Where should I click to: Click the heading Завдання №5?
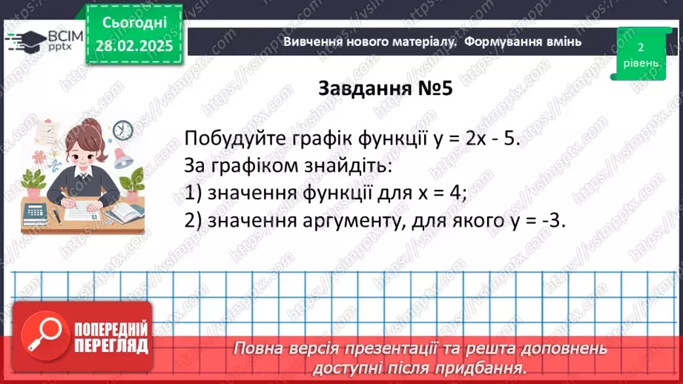[385, 88]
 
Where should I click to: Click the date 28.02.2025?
[133, 47]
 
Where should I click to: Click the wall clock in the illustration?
[123, 130]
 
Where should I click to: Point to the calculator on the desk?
[35, 213]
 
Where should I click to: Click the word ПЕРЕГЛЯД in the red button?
[111, 345]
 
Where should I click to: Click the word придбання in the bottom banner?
[489, 366]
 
